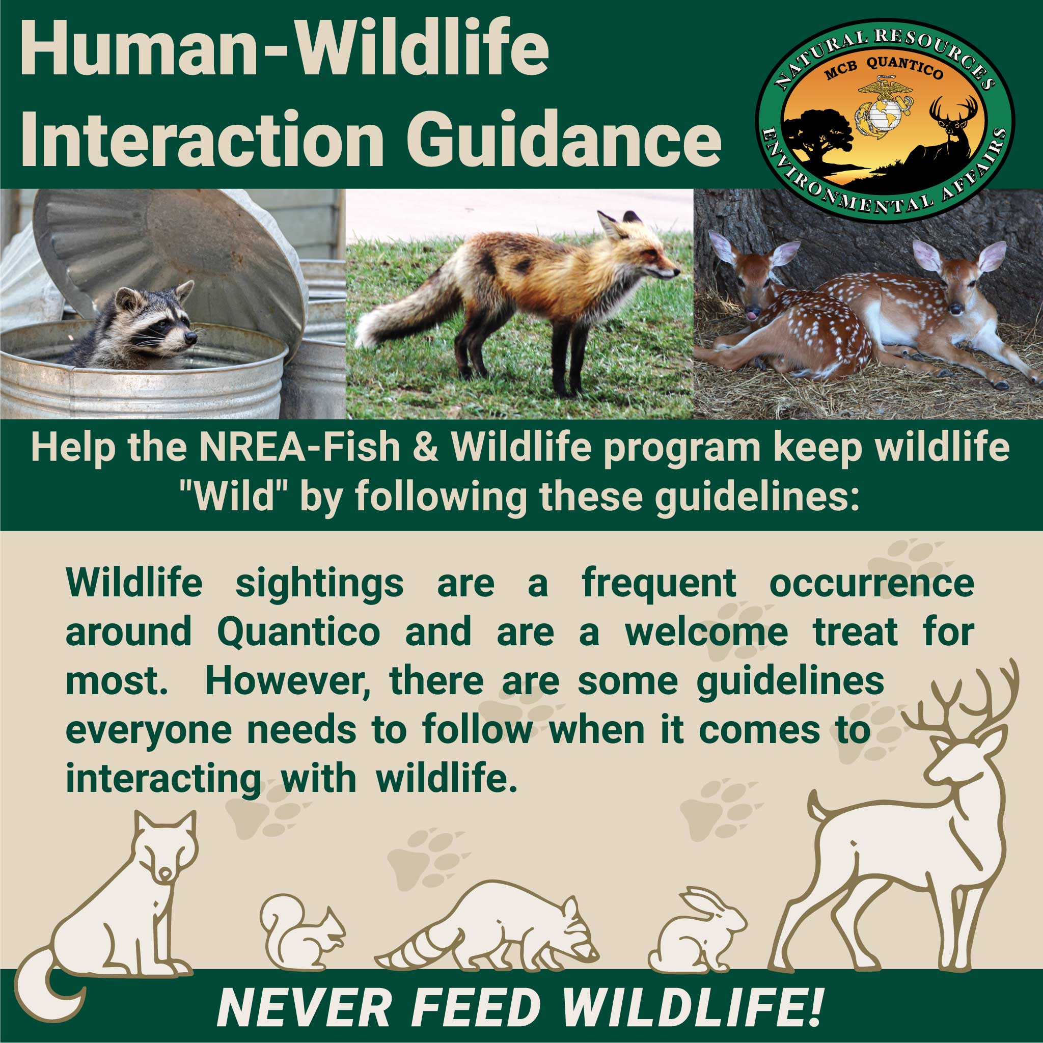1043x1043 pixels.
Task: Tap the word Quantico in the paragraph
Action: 298,632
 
